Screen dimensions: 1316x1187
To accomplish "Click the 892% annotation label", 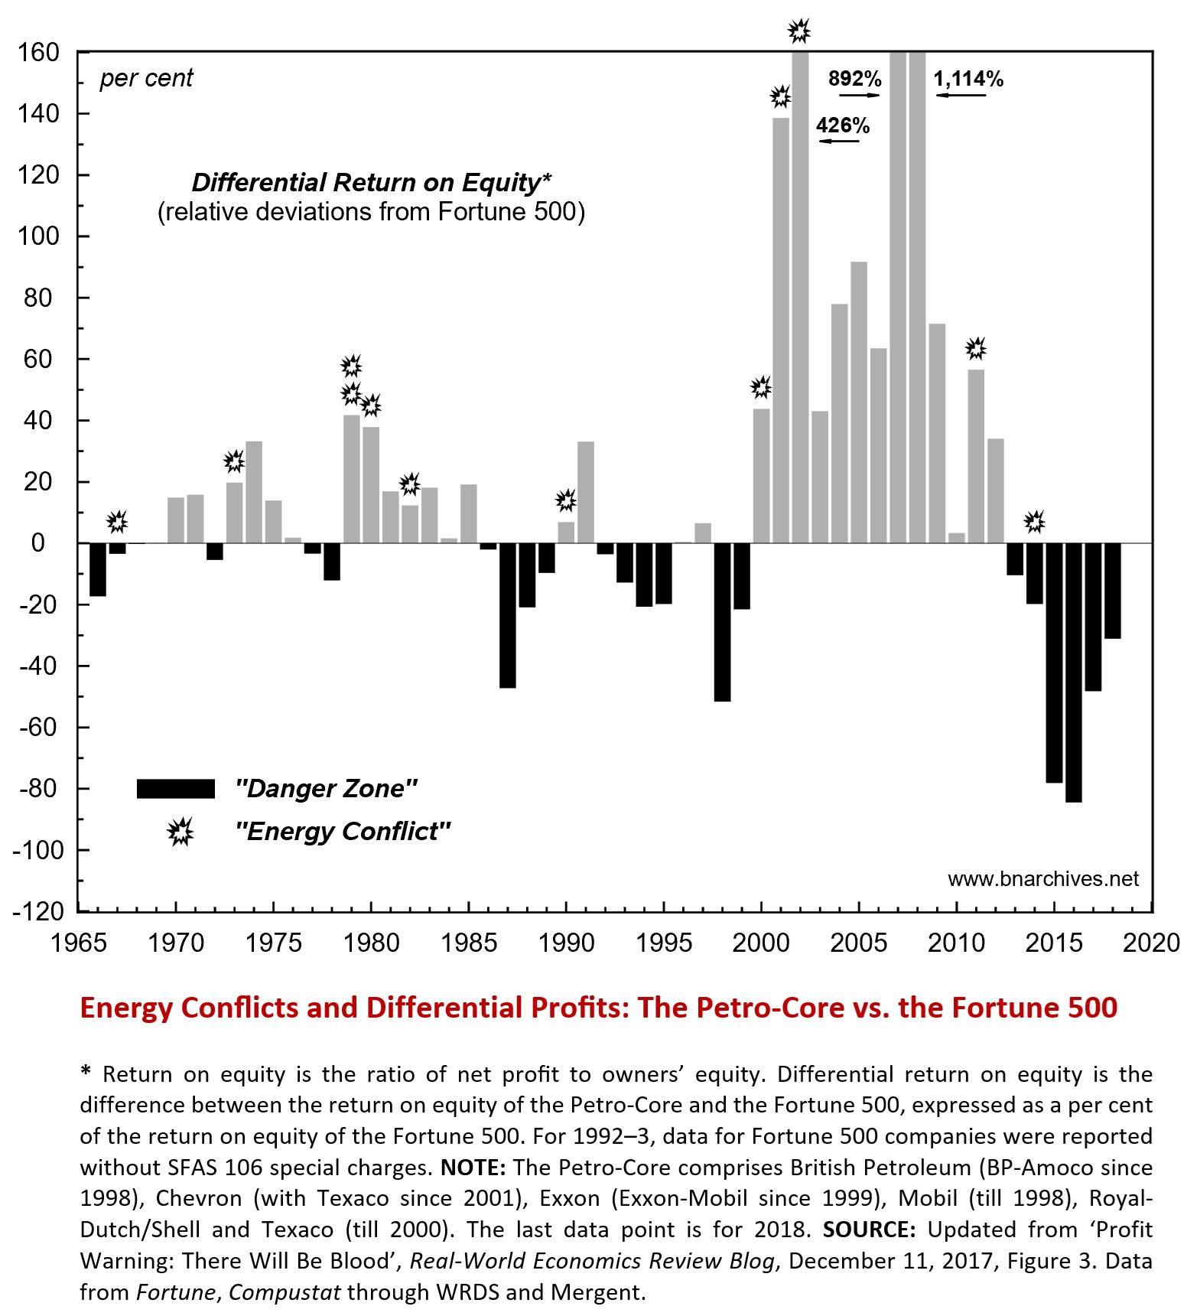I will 855,79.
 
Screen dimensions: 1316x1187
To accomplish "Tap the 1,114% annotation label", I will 968,79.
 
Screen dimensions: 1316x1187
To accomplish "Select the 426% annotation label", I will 843,125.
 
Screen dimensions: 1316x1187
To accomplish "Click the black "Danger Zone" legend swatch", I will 175,789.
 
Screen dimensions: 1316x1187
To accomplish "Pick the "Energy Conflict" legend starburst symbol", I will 180,832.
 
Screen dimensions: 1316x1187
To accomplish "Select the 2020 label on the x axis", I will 1152,943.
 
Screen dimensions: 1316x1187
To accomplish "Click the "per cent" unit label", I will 146,79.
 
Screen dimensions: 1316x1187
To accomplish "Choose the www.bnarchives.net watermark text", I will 1043,879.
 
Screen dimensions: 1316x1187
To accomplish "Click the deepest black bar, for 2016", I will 1074,673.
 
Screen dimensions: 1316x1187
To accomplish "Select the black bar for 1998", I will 722,622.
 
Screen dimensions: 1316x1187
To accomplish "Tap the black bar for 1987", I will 507,615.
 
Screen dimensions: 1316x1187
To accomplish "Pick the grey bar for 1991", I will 586,492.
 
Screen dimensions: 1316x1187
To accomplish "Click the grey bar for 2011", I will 976,456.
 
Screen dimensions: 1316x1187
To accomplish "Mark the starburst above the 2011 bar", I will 975,349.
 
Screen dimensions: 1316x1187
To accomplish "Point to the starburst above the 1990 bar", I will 565,500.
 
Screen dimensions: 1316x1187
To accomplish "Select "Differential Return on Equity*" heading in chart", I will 371,183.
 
